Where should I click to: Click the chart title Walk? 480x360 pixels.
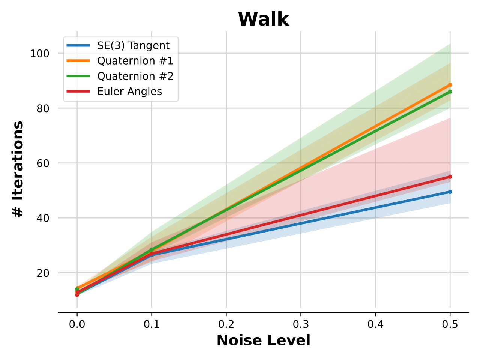[x=264, y=19]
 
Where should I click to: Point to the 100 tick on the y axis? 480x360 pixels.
[x=40, y=53]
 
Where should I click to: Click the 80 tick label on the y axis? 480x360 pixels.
[x=43, y=108]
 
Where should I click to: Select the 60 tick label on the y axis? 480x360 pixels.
[x=43, y=163]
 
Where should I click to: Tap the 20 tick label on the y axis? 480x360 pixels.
[x=43, y=273]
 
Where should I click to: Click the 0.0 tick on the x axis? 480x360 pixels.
[x=77, y=324]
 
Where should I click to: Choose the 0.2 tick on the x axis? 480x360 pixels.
[x=226, y=324]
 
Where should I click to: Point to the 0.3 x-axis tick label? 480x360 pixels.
[x=301, y=324]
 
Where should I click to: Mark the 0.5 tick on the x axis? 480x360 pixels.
[x=450, y=324]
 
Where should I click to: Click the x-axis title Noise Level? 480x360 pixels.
[x=264, y=340]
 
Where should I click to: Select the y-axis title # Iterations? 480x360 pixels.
[x=18, y=169]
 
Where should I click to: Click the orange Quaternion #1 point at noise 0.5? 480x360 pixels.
[x=450, y=85]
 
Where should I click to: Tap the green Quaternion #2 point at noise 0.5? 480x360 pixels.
[x=450, y=91]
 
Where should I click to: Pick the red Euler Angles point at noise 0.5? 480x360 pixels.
[x=450, y=177]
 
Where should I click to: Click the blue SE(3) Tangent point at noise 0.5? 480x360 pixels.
[x=450, y=192]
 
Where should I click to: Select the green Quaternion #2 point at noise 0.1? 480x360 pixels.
[x=151, y=250]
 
